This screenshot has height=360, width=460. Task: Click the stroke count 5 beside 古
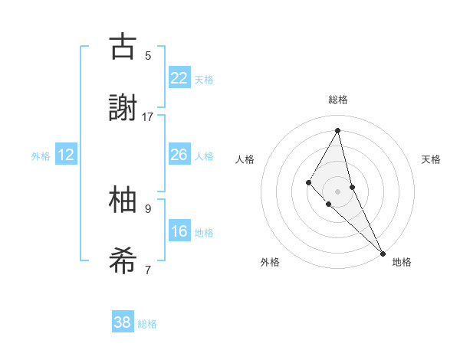[148, 55]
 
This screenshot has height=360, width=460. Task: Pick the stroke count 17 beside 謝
[148, 117]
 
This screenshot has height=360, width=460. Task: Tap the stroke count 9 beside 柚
[148, 208]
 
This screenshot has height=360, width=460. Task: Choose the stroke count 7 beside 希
[148, 270]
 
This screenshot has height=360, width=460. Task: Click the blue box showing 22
[179, 78]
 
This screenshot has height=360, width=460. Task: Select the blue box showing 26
[179, 155]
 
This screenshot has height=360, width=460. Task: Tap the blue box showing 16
[179, 231]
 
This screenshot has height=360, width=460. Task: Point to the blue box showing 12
[66, 155]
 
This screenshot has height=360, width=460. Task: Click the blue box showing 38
[123, 322]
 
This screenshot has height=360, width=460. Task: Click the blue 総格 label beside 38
[147, 324]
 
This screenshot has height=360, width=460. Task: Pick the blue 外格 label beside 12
[41, 156]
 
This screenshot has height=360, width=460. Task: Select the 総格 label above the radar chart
[337, 100]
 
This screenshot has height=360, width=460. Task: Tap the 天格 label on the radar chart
[431, 159]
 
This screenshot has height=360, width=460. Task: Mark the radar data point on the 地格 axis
[382, 252]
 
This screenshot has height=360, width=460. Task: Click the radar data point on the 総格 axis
[337, 129]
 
